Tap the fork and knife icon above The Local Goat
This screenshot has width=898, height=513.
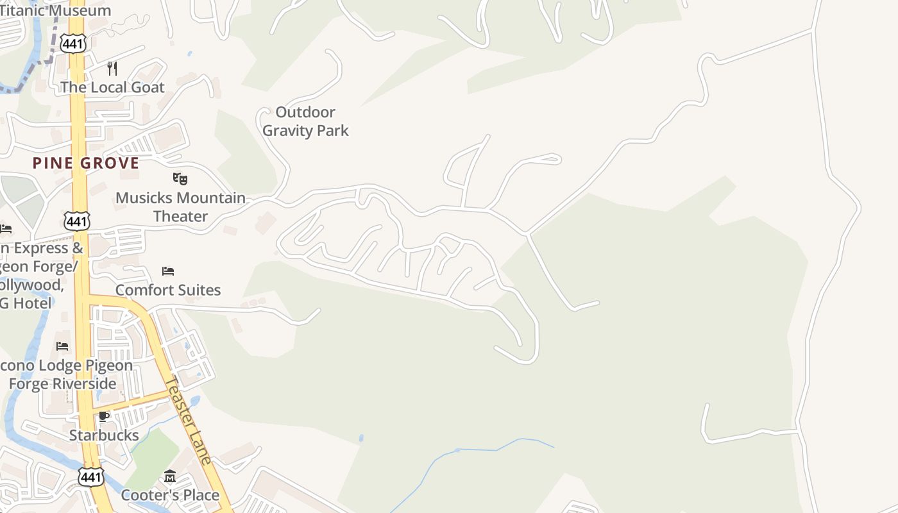pyautogui.click(x=112, y=69)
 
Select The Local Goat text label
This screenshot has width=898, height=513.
pyautogui.click(x=112, y=87)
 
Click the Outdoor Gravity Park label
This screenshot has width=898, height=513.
pyautogui.click(x=305, y=121)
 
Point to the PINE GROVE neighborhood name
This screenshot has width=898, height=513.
pyautogui.click(x=86, y=163)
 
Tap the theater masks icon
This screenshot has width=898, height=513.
pyautogui.click(x=180, y=178)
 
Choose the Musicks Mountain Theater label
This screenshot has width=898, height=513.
pyautogui.click(x=180, y=207)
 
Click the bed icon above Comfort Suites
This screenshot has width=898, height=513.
pyautogui.click(x=168, y=271)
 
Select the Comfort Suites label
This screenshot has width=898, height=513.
pyautogui.click(x=168, y=290)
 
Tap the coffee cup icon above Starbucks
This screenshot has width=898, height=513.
pyautogui.click(x=104, y=417)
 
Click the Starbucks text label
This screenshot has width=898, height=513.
pyautogui.click(x=104, y=435)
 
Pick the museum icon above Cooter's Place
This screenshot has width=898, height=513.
pyautogui.click(x=170, y=476)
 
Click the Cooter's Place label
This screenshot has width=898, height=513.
pyautogui.click(x=170, y=495)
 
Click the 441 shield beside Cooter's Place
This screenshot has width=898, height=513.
pyautogui.click(x=90, y=477)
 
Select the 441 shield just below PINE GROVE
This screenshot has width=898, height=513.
pyautogui.click(x=76, y=222)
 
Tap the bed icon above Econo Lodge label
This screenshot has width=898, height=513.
pyautogui.click(x=62, y=346)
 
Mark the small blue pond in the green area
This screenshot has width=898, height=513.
pyautogui.click(x=361, y=439)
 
